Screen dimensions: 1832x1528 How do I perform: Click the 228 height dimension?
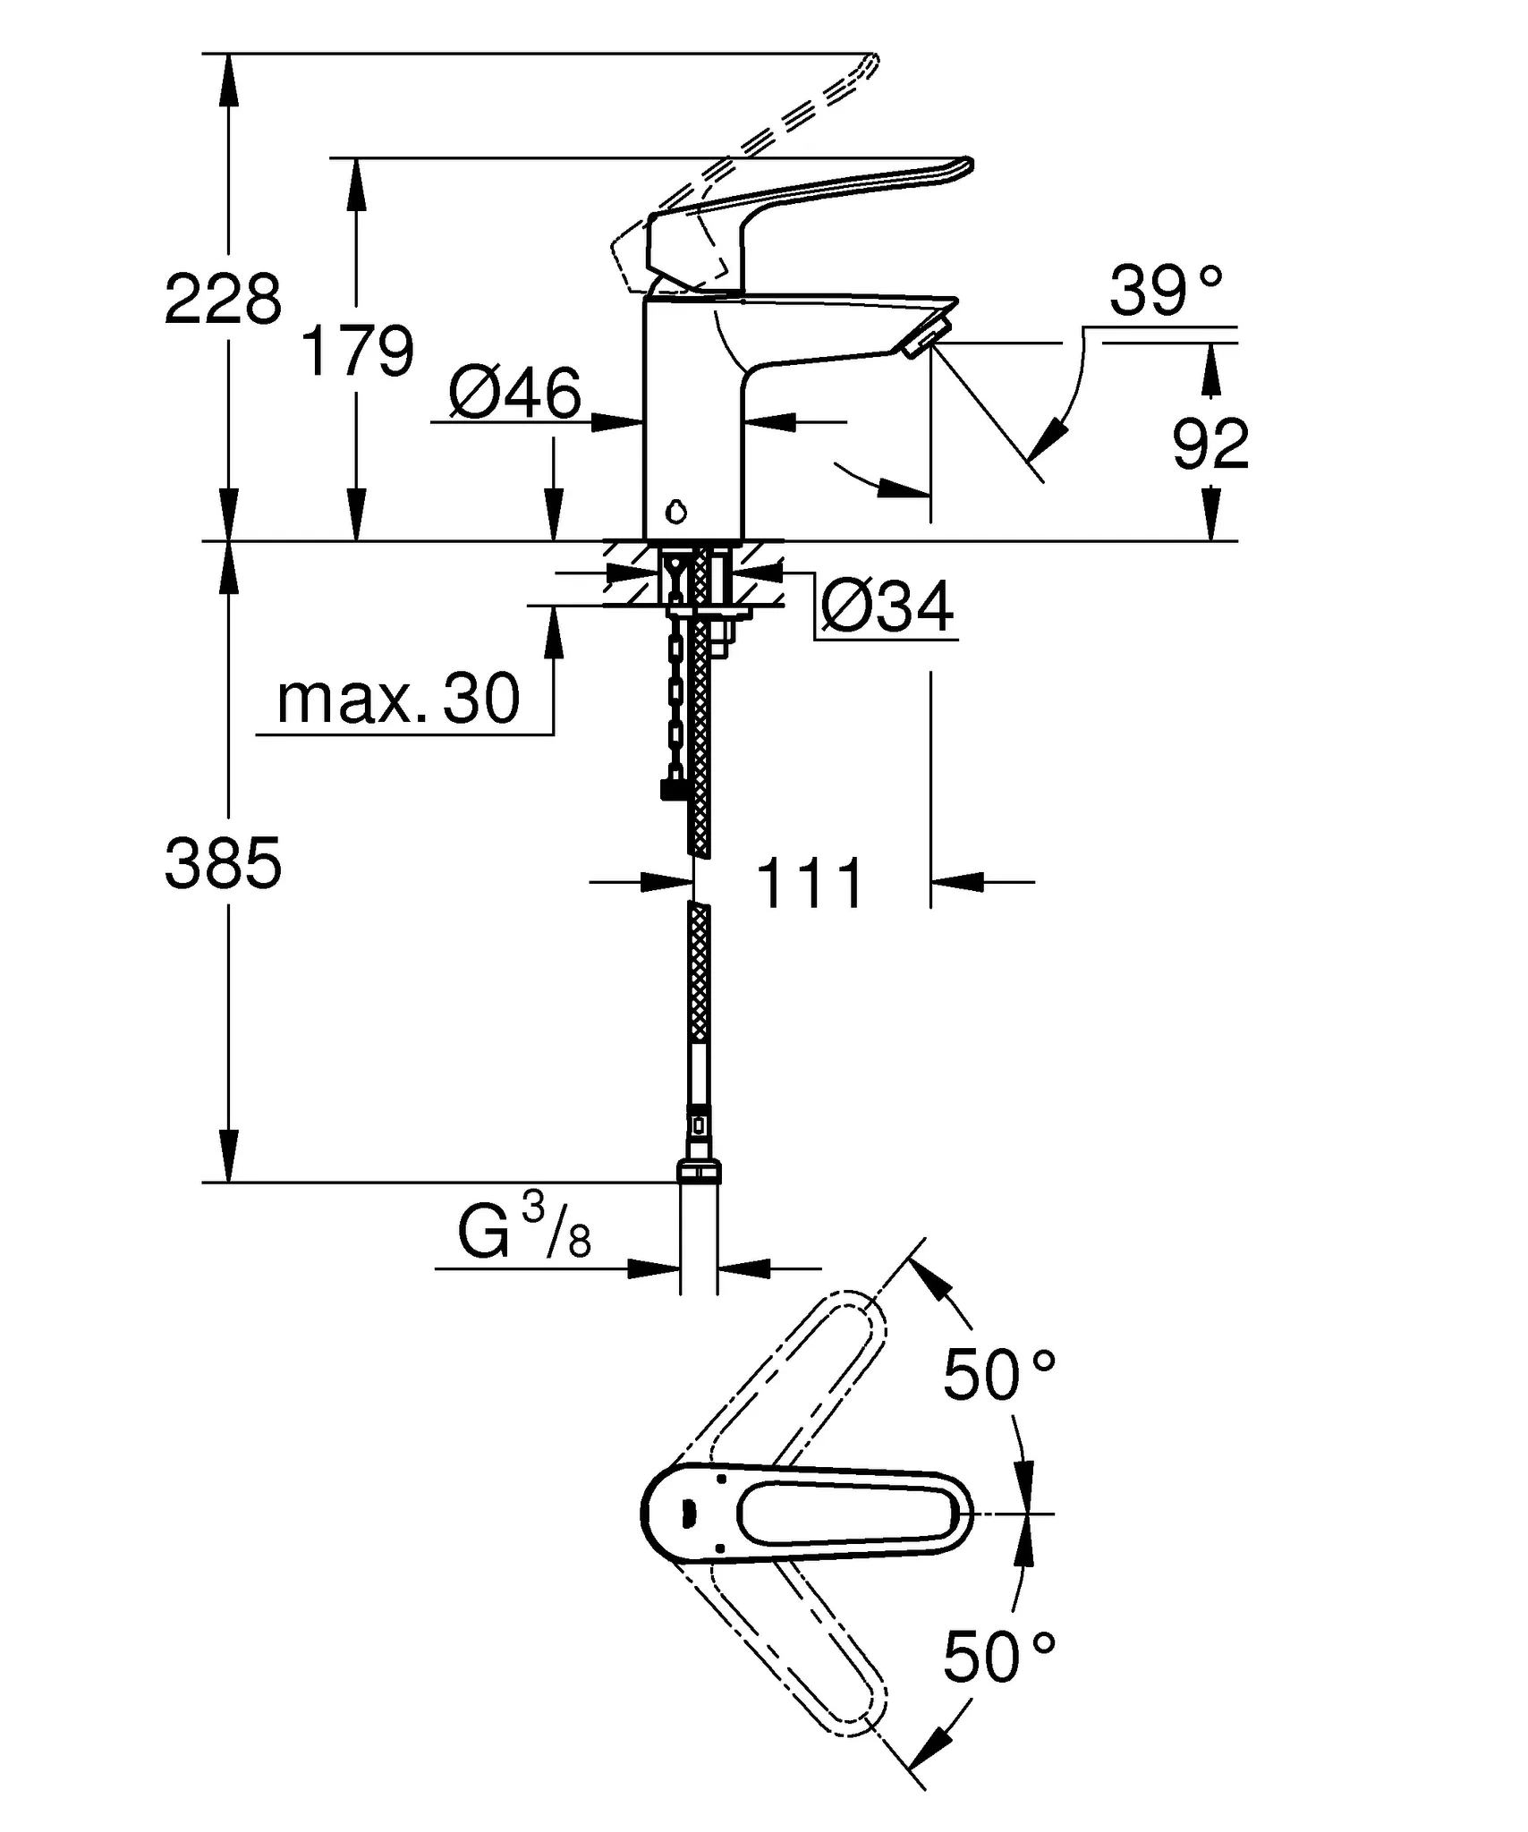click(x=223, y=299)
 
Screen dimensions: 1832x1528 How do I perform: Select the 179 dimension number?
click(x=358, y=351)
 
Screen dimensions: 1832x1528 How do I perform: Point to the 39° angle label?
click(x=1165, y=292)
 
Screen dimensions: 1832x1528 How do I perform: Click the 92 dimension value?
click(x=1210, y=444)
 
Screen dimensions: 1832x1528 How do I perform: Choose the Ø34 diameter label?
click(x=887, y=607)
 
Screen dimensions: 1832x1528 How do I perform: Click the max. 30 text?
click(x=398, y=699)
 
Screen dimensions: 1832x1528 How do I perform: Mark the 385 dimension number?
click(x=223, y=864)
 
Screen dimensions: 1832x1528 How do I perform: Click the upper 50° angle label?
click(x=997, y=1375)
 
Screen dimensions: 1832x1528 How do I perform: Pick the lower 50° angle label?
click(x=997, y=1657)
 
